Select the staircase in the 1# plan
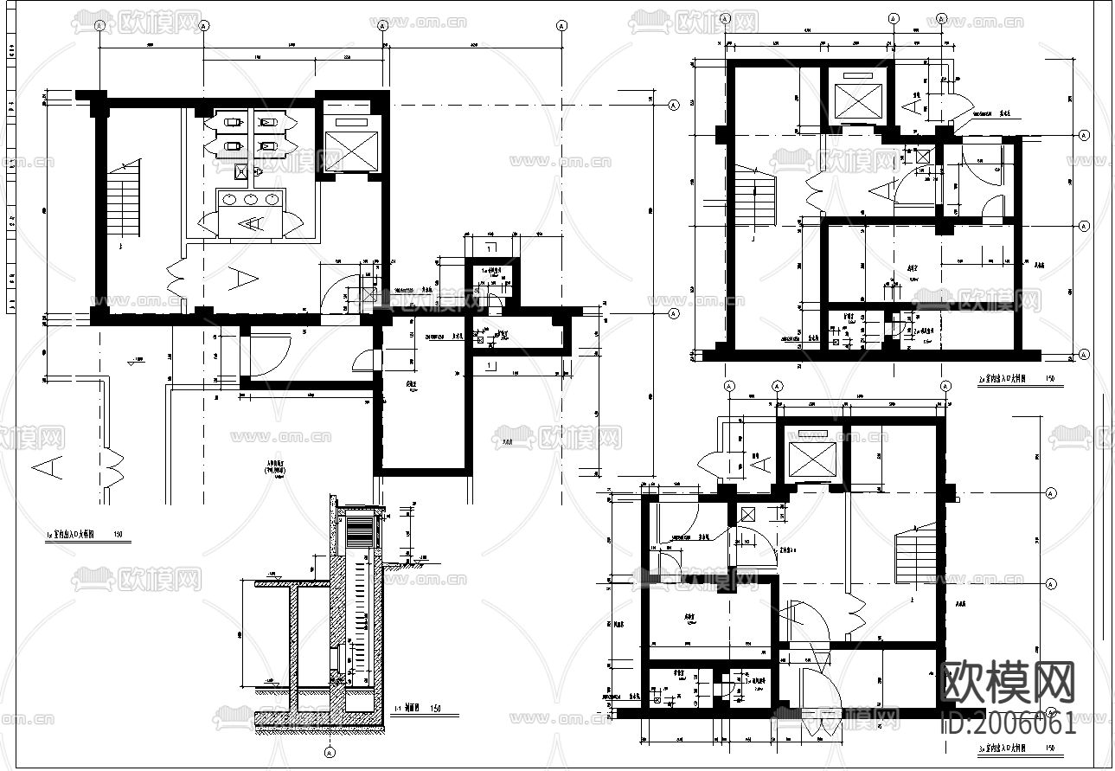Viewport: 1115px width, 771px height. click(124, 200)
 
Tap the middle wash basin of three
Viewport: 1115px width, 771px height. click(252, 199)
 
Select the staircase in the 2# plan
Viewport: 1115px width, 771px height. click(753, 198)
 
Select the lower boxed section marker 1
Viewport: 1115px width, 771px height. click(490, 366)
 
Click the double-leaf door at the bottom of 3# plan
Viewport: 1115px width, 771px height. click(817, 697)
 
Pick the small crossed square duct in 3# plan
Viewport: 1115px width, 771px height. click(746, 514)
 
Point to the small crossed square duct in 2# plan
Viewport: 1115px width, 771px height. click(923, 157)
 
